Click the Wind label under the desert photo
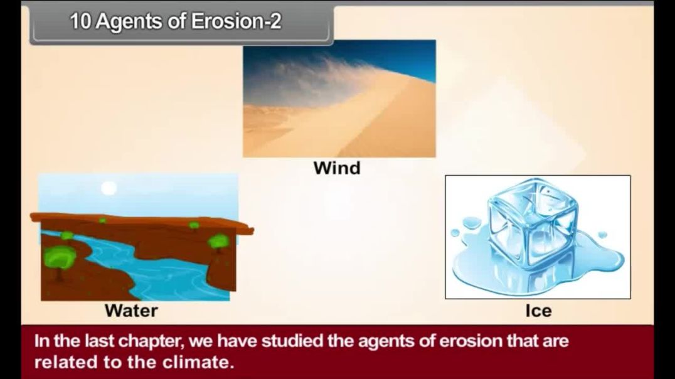tap(337, 168)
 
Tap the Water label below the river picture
tap(131, 310)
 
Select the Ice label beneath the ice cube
tap(538, 310)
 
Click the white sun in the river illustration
tap(109, 188)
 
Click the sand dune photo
tap(339, 119)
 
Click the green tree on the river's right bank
tap(218, 241)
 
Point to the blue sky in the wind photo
tap(401, 56)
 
